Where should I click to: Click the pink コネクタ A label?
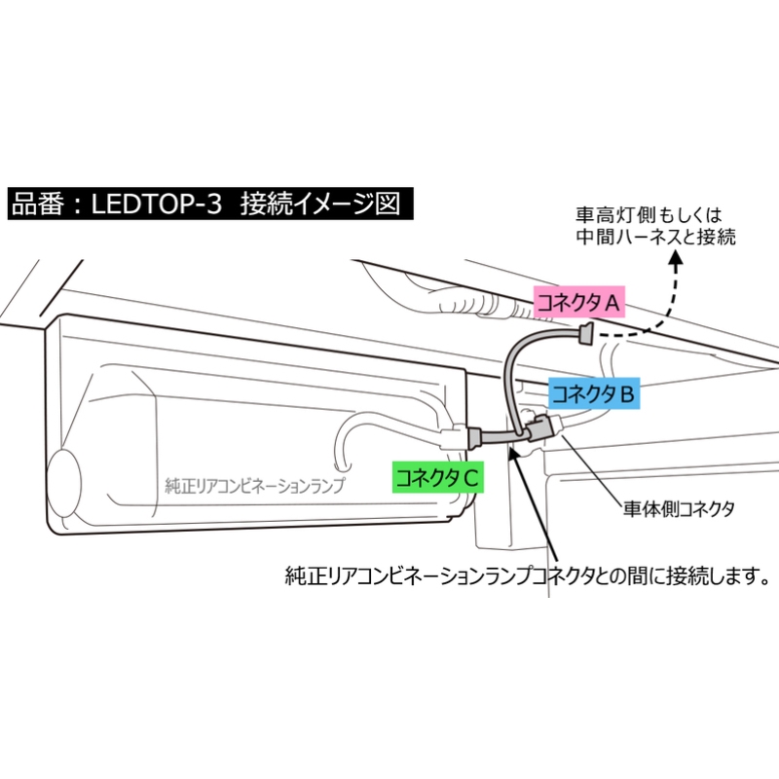click(x=578, y=302)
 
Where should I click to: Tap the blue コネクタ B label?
click(x=594, y=394)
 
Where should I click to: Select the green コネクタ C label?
click(x=437, y=477)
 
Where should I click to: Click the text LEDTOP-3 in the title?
click(x=156, y=204)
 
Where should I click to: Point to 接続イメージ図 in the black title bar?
click(x=320, y=204)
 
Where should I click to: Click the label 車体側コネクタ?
click(x=679, y=508)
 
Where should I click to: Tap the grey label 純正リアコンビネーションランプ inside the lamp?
click(x=254, y=485)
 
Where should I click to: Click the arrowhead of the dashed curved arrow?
click(x=676, y=258)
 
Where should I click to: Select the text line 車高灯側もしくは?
click(x=649, y=215)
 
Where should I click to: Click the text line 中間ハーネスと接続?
click(x=655, y=237)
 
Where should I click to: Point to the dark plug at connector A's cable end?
click(x=586, y=333)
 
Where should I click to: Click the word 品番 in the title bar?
click(x=38, y=204)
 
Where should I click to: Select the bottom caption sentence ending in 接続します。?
click(x=528, y=575)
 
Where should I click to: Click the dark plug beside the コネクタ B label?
click(x=538, y=428)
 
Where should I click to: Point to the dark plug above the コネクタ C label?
click(x=475, y=437)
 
